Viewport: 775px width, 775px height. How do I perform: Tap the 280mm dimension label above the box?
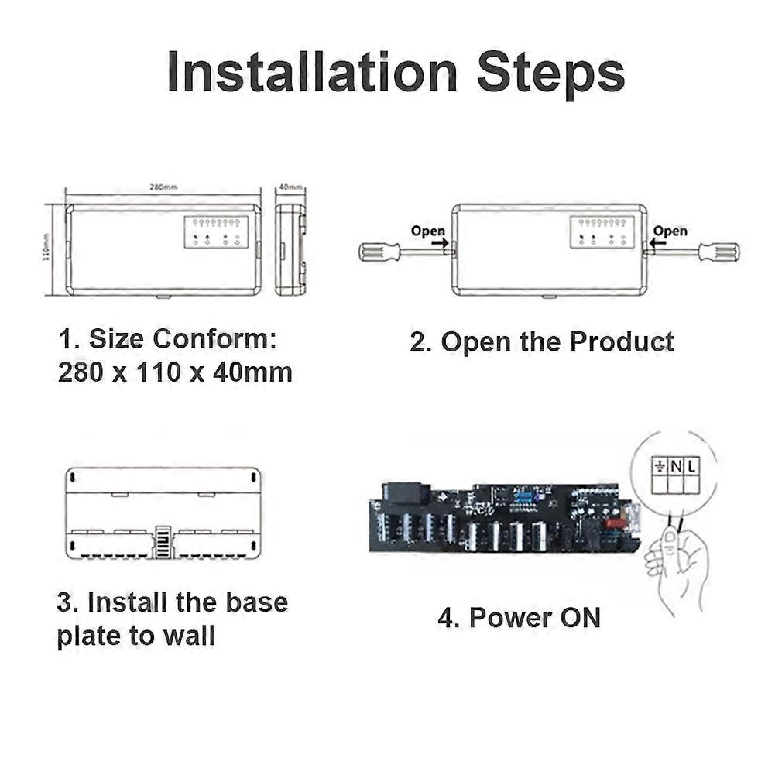pos(163,187)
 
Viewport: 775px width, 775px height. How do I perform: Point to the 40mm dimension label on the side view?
pos(290,187)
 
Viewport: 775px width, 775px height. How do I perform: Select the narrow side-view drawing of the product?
pos(290,249)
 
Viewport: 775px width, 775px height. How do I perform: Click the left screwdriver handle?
pos(379,252)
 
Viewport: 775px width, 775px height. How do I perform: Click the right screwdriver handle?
pos(718,252)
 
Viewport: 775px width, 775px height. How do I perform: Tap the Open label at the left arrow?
pos(427,231)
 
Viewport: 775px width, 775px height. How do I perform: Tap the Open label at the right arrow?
pos(670,231)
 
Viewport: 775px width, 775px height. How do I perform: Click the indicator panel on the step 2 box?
pos(602,232)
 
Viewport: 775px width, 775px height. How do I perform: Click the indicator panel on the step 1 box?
pos(216,232)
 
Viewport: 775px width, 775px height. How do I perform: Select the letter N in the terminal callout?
pos(676,466)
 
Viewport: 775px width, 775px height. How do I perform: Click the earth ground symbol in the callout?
pos(660,466)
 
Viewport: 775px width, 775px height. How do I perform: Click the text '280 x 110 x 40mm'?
pos(175,373)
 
